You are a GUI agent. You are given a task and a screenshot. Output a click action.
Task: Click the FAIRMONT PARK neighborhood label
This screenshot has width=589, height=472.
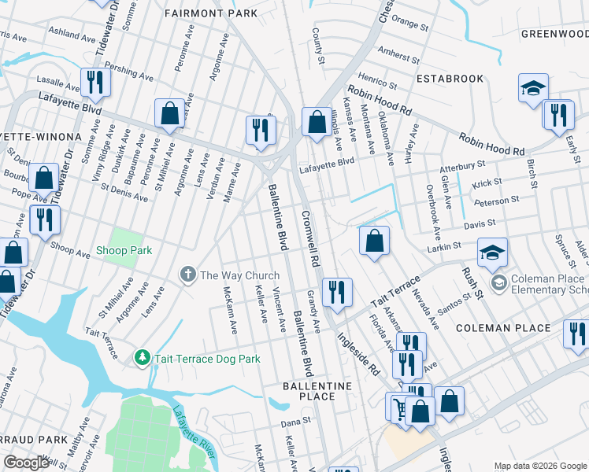pyautogui.click(x=210, y=14)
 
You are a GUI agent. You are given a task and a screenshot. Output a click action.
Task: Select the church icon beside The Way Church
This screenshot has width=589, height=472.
pyautogui.click(x=187, y=275)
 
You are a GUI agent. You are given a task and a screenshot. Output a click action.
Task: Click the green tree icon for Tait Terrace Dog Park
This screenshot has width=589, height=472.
pyautogui.click(x=143, y=358)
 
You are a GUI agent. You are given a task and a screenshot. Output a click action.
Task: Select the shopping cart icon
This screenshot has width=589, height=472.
pyautogui.click(x=399, y=408)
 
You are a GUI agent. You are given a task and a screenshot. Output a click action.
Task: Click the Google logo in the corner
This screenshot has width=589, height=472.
pyautogui.click(x=26, y=463)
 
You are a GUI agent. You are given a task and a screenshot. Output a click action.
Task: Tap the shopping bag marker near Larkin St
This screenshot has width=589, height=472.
pyautogui.click(x=375, y=241)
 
